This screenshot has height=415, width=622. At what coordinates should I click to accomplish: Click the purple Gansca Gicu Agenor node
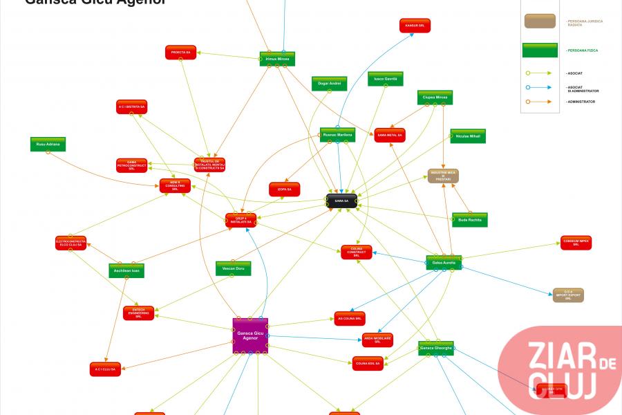point(250,335)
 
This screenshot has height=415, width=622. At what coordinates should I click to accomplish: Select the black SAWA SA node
point(341,201)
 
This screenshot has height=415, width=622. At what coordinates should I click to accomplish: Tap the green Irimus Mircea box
point(278,59)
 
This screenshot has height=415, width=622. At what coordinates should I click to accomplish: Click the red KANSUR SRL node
point(415,26)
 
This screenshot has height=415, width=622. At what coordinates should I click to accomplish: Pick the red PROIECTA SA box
point(181,52)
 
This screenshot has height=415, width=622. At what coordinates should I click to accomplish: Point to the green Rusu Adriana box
point(48,144)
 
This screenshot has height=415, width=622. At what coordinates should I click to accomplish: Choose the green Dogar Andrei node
point(329,84)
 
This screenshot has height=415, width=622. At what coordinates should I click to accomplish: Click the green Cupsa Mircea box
point(435,98)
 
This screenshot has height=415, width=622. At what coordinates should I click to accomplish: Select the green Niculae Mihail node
point(468,136)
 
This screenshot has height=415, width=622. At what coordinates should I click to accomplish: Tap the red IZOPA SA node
point(284,189)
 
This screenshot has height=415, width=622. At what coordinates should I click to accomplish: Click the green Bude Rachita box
point(470,220)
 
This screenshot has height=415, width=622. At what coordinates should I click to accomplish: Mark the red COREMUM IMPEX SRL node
point(576,243)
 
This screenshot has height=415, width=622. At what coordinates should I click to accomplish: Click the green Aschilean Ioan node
point(126,270)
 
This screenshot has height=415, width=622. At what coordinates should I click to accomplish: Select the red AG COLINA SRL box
point(350,318)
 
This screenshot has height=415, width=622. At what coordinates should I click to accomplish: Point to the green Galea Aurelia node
point(444,263)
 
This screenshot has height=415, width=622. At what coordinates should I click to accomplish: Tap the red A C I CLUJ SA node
point(105,369)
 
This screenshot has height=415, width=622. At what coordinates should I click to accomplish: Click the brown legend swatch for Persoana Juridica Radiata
point(540,21)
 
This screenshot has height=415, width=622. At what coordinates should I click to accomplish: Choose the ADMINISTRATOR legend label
point(581,102)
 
